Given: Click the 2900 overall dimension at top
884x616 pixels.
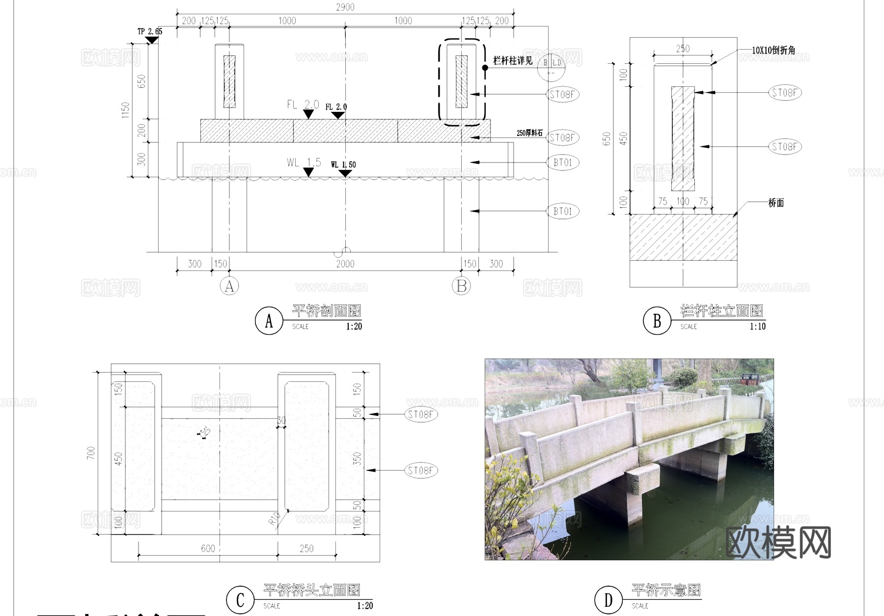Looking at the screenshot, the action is [345, 7].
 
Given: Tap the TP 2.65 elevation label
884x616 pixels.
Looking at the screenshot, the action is [149, 31].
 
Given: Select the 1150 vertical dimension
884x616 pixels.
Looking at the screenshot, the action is [126, 110].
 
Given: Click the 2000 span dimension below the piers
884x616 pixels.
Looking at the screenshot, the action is [345, 264].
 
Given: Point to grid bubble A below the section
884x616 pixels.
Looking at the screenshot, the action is [229, 286].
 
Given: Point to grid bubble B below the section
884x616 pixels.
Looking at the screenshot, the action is [461, 286].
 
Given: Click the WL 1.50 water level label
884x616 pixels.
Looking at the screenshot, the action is [343, 164].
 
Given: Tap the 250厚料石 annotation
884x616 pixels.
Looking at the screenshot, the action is [529, 133].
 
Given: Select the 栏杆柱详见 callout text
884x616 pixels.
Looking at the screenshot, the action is [513, 60].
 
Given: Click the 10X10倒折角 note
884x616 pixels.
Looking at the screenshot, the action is [773, 50].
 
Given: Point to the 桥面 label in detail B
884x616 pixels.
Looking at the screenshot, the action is [776, 203].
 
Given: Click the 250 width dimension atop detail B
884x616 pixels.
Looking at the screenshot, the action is [683, 49].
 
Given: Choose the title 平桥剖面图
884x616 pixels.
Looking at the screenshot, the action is [327, 311].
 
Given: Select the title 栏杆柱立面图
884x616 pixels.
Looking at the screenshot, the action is [721, 311].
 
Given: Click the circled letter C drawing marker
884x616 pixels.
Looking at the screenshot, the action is [240, 600].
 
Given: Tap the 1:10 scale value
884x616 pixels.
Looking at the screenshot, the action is [757, 326].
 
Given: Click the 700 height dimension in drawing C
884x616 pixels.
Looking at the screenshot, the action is [91, 453].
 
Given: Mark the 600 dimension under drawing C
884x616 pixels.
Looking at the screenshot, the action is [208, 548].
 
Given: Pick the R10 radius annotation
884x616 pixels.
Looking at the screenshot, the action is [275, 518].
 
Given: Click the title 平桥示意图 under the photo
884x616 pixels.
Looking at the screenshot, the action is [666, 589].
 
